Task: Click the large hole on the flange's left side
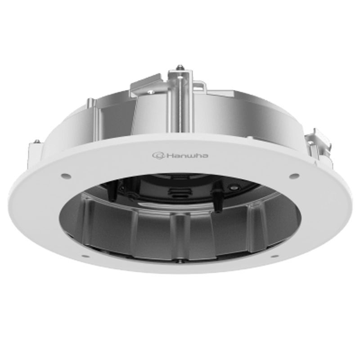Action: (x=65, y=176)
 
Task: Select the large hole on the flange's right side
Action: (x=294, y=176)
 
